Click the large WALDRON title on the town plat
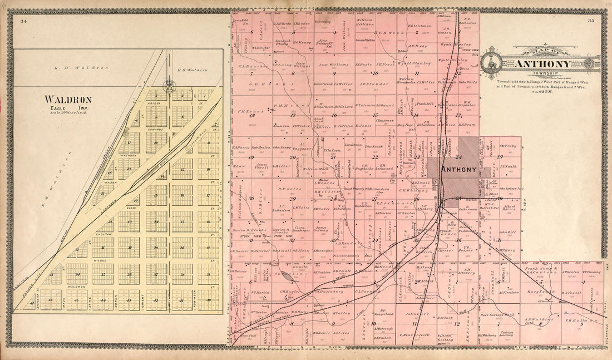point(68,100)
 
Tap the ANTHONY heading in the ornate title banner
point(542,64)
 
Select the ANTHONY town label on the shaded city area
point(457,169)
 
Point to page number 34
point(23,22)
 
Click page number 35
point(590,22)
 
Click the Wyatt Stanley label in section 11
point(414,63)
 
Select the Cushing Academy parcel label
point(506,334)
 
